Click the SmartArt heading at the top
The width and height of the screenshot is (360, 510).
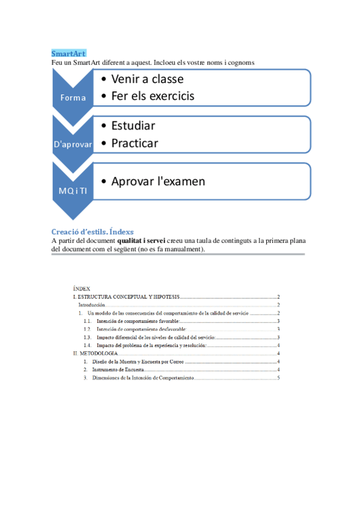(69, 54)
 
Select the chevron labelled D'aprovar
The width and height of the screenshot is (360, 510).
(73, 144)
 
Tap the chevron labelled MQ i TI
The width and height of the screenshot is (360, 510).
(73, 191)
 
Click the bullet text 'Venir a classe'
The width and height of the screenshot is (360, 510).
(147, 79)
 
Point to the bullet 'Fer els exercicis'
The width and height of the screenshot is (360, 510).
(153, 96)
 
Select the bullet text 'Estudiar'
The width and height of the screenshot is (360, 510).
(133, 126)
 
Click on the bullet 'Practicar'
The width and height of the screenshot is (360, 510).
(135, 143)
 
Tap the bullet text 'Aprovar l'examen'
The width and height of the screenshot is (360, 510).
(158, 181)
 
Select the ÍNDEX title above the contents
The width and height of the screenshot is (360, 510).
(81, 289)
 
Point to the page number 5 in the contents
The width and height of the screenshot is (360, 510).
(278, 378)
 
